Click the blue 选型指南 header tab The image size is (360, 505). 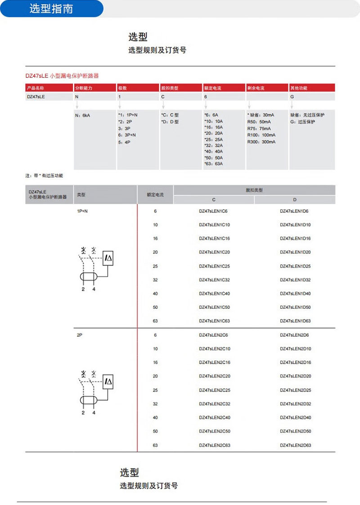pyautogui.click(x=51, y=9)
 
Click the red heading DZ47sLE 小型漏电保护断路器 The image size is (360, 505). pyautogui.click(x=62, y=76)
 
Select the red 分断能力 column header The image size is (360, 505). pyautogui.click(x=84, y=88)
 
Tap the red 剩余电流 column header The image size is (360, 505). pyautogui.click(x=256, y=88)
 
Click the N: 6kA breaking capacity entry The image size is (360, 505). pyautogui.click(x=82, y=115)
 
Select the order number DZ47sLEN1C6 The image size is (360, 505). pyautogui.click(x=213, y=211)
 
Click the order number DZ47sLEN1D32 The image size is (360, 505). pyautogui.click(x=295, y=280)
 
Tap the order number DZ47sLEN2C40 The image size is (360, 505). pyautogui.click(x=214, y=418)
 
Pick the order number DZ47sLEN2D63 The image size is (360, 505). pyautogui.click(x=295, y=445)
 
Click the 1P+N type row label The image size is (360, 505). pyautogui.click(x=82, y=211)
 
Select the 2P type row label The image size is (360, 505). pyautogui.click(x=80, y=335)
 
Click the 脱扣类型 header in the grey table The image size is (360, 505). pyautogui.click(x=254, y=190)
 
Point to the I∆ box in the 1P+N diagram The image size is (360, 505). pyautogui.click(x=108, y=258)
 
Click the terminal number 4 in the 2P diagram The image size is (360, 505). pyautogui.click(x=94, y=413)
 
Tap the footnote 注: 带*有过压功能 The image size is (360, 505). pyautogui.click(x=44, y=176)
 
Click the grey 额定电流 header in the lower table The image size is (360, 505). pyautogui.click(x=155, y=195)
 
